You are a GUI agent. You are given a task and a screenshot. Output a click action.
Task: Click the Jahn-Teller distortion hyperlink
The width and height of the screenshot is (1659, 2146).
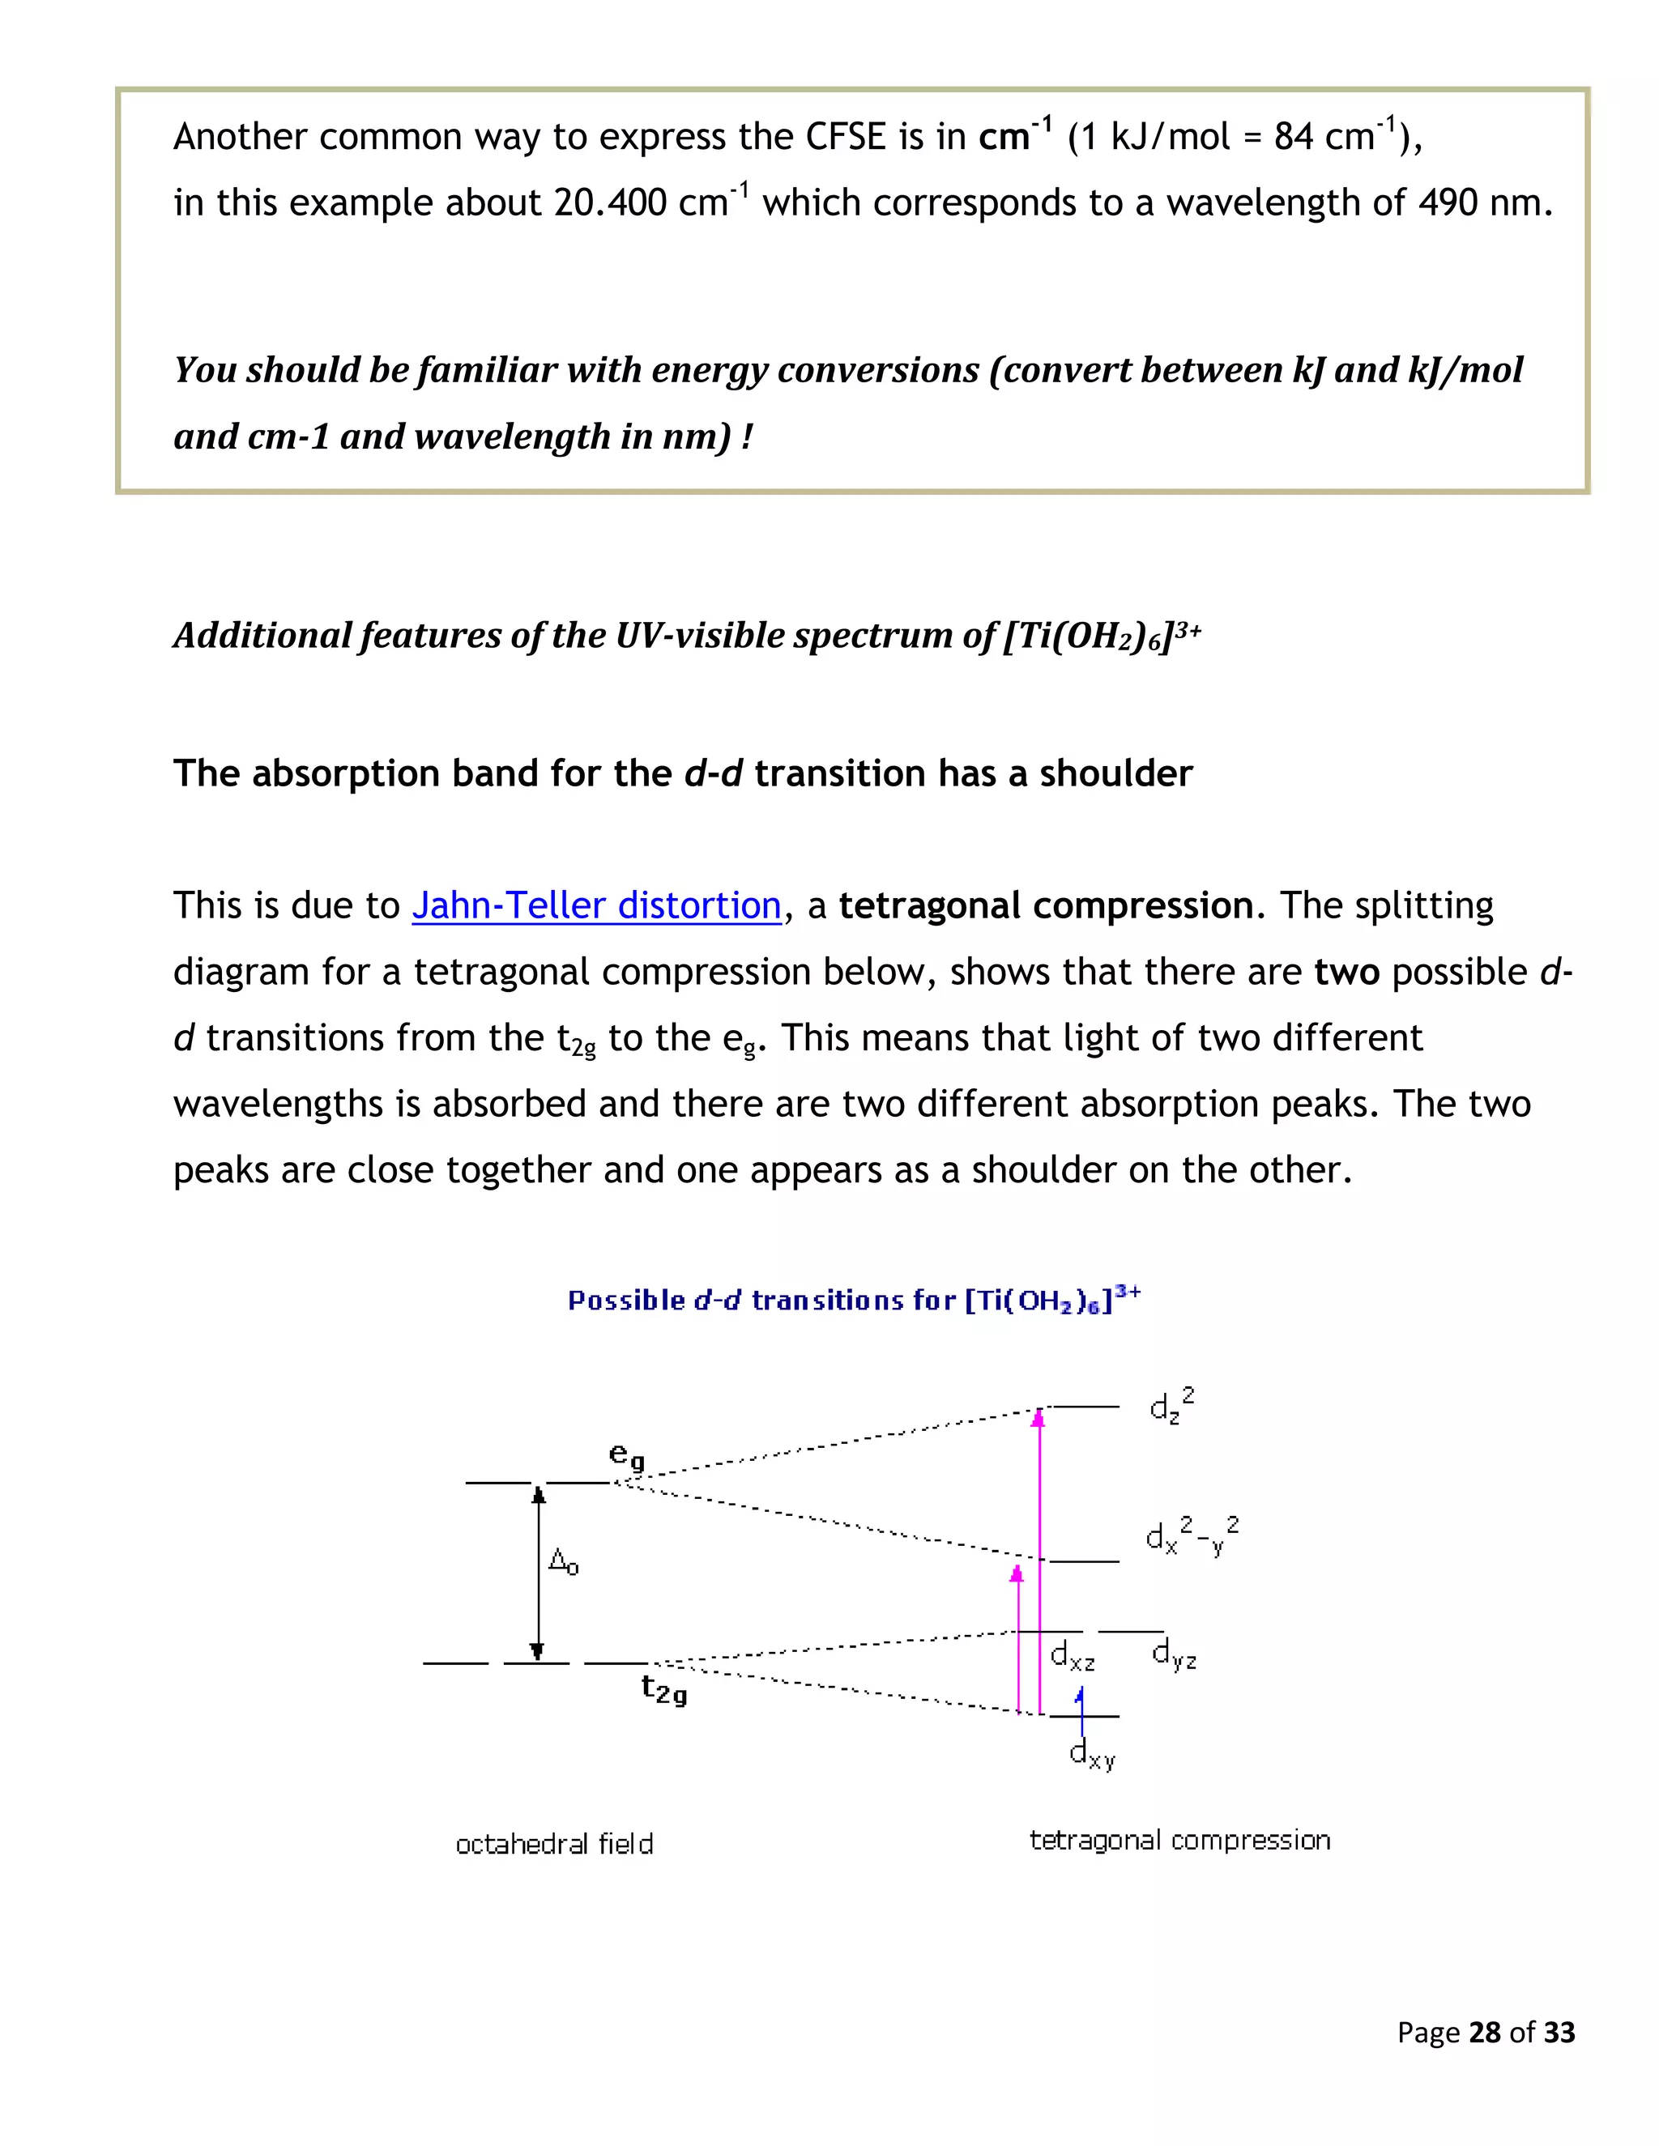click(595, 905)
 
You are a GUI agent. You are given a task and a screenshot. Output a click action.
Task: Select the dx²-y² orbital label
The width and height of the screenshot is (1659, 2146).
click(1191, 1535)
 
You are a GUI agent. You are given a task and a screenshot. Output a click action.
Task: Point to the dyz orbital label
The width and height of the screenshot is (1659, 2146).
click(1175, 1657)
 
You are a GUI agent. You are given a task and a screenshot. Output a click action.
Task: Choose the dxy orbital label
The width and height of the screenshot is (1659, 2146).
click(1092, 1753)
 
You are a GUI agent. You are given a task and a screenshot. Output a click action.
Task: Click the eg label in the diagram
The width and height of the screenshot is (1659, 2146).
click(627, 1455)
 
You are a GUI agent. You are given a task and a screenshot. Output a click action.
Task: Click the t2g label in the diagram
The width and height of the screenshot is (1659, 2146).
click(663, 1688)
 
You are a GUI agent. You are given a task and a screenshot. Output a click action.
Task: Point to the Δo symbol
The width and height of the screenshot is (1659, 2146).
click(563, 1561)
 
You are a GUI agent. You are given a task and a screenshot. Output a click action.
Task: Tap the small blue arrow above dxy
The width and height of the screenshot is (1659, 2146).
click(1081, 1700)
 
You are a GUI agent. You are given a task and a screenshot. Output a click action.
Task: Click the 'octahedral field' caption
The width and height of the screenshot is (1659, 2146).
click(554, 1843)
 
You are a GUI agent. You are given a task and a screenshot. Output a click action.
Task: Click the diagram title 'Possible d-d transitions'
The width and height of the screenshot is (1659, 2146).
click(853, 1300)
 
